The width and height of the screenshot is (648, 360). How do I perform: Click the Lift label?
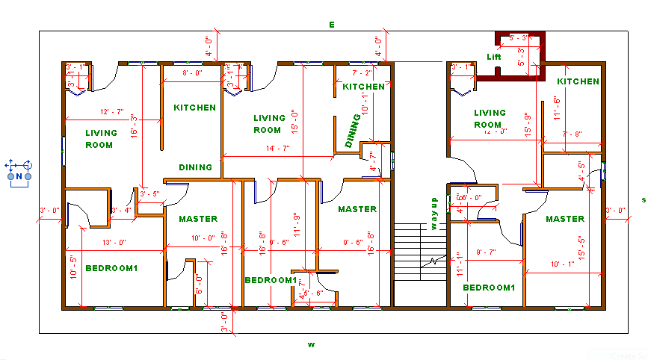tap(494, 57)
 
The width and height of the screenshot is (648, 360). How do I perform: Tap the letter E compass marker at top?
tap(332, 25)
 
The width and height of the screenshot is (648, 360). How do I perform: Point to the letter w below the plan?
tap(311, 344)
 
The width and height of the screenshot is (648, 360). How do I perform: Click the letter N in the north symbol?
tap(19, 176)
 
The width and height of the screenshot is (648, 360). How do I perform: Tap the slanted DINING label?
tap(353, 131)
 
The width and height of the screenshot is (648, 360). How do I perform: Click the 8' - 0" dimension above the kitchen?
tap(192, 73)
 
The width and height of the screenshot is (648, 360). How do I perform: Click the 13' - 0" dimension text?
tap(114, 242)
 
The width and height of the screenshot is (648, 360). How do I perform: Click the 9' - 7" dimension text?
tap(487, 252)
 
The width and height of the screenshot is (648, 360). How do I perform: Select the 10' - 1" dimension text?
tap(563, 264)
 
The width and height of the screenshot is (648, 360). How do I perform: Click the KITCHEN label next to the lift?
tap(578, 81)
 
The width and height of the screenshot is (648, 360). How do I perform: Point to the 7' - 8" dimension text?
tap(573, 134)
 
